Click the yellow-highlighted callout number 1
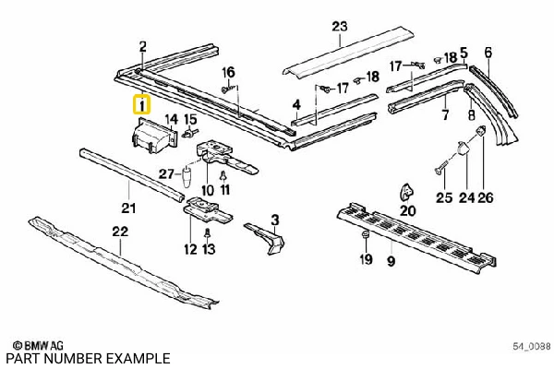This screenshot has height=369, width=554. pyautogui.click(x=140, y=105)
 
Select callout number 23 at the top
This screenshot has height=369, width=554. pyautogui.click(x=340, y=26)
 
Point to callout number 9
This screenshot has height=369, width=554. pyautogui.click(x=391, y=261)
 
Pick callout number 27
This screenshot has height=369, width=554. pyautogui.click(x=165, y=173)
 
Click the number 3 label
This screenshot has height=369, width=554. pyautogui.click(x=274, y=219)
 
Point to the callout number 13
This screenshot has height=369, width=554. pyautogui.click(x=209, y=249)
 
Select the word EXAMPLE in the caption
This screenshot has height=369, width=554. pyautogui.click(x=138, y=358)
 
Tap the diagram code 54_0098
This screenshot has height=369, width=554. pyautogui.click(x=532, y=346)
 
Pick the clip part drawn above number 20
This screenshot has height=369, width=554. pyautogui.click(x=405, y=192)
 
